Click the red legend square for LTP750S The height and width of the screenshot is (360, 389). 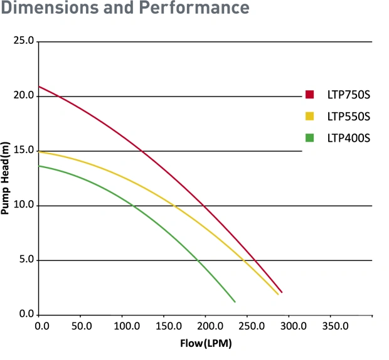point(309,95)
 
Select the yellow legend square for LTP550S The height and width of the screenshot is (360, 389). point(309,116)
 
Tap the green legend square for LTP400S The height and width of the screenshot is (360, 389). point(309,138)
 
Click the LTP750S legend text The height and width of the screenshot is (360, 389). point(349,95)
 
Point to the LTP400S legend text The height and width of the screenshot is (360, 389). point(349,138)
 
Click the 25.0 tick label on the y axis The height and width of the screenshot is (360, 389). point(24,40)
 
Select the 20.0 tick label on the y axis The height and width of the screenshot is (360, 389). point(24,95)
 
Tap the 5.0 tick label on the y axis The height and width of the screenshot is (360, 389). point(26,260)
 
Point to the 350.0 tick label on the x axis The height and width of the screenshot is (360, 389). point(336,326)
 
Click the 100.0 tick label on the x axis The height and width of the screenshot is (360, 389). point(127,326)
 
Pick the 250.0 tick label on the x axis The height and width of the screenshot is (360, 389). point(252,326)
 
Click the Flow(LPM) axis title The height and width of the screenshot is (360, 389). point(206,344)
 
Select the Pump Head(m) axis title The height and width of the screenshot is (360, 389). point(5,178)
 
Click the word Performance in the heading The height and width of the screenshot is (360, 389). point(194,8)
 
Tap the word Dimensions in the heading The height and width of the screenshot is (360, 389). point(50,8)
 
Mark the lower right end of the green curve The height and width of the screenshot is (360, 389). point(235,302)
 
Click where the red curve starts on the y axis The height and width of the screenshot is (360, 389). point(39,87)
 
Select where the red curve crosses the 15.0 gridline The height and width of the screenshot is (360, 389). point(142,151)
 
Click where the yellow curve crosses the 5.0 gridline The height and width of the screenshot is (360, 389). point(244,260)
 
